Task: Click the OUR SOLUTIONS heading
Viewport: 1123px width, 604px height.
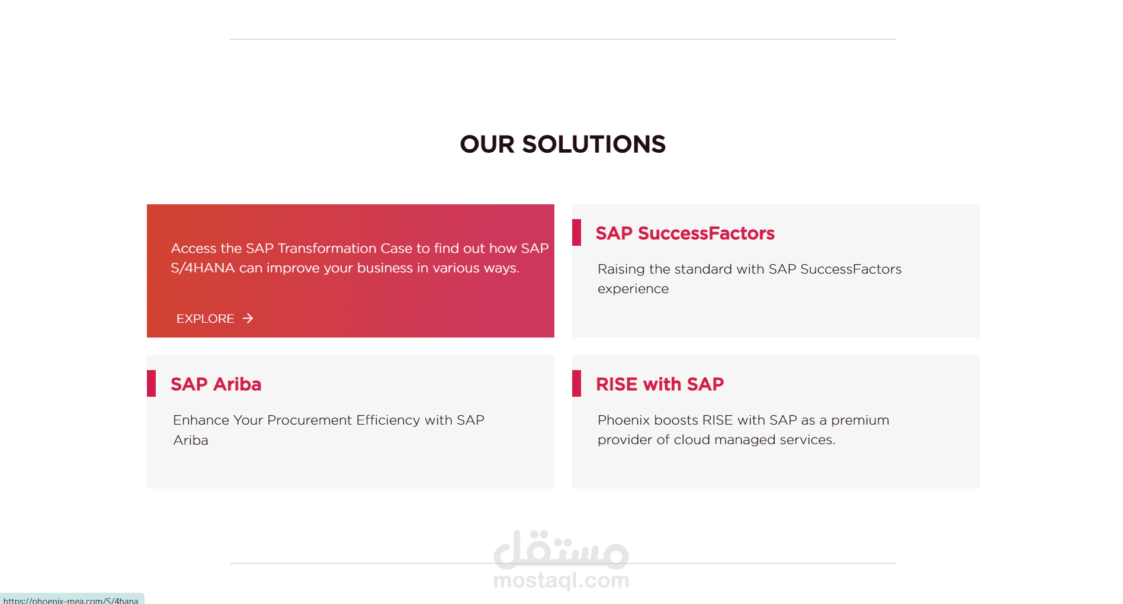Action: [x=563, y=144]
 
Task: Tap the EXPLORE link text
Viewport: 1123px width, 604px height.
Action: [x=205, y=319]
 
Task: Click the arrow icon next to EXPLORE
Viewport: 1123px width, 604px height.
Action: [x=248, y=319]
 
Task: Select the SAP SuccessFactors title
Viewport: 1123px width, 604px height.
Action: [x=685, y=233]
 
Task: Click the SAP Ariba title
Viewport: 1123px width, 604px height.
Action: [x=216, y=384]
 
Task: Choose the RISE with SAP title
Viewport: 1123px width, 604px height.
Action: [x=660, y=384]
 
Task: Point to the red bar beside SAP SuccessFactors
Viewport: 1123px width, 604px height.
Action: [x=576, y=232]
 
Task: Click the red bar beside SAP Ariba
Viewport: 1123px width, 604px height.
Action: [x=151, y=383]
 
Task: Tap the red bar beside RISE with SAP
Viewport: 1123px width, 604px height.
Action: [x=576, y=383]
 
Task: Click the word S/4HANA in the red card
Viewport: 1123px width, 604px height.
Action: [x=203, y=268]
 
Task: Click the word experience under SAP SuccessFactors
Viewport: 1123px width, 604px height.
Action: [x=633, y=289]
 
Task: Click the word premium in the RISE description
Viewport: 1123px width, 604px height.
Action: [x=860, y=420]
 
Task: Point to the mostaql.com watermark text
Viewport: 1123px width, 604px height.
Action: [x=561, y=580]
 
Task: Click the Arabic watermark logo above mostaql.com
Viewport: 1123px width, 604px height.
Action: [x=561, y=549]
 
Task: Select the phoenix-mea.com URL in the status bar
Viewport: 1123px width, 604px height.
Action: [x=70, y=600]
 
